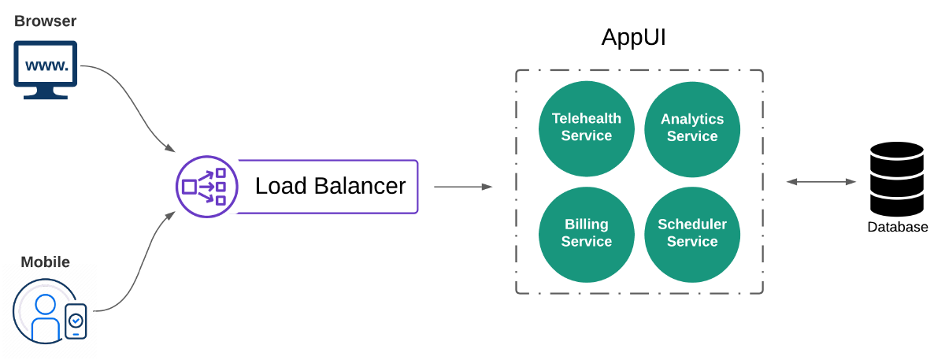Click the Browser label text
pos(46,20)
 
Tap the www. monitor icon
pos(46,69)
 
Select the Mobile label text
pos(45,262)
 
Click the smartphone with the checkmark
pos(76,321)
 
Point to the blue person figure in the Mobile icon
pos(46,319)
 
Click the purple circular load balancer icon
pos(206,187)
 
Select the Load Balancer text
pos(330,187)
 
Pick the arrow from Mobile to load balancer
pos(134,268)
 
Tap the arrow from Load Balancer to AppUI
pos(462,187)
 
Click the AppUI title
pos(634,37)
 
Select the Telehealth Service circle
pos(586,128)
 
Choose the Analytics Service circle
pos(692,128)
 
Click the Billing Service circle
pos(586,234)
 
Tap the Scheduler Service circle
pos(692,234)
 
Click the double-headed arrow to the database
pos(821,182)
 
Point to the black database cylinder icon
pos(897,179)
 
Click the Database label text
pos(898,228)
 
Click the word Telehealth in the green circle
pos(586,119)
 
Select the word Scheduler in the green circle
pos(692,225)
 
